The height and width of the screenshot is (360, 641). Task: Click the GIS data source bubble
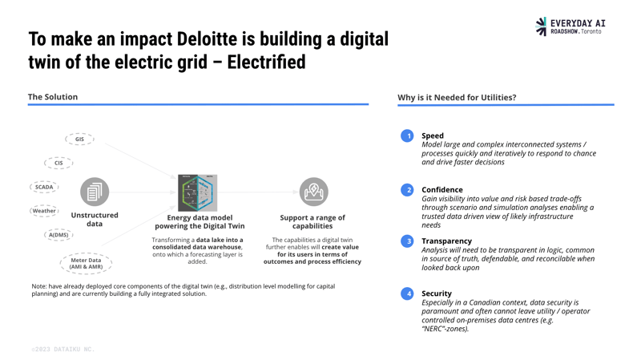(79, 140)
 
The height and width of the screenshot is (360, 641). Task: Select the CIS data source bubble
(58, 163)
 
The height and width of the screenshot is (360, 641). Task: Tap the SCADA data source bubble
(44, 187)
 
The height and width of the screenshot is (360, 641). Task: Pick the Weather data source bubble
(44, 211)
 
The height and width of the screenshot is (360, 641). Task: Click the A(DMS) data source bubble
(58, 235)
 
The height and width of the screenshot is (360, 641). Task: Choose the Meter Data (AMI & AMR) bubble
(86, 263)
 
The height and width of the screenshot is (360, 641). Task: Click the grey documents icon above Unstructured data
(95, 192)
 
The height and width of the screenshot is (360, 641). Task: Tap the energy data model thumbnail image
(197, 192)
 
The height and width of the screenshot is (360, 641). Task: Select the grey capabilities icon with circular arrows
(313, 192)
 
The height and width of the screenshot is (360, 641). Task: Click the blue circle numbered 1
(408, 136)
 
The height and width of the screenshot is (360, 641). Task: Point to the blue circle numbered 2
(408, 190)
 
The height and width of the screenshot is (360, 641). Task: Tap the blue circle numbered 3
(408, 241)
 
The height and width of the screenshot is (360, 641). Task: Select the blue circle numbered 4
(408, 293)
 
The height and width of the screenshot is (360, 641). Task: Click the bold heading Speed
(433, 136)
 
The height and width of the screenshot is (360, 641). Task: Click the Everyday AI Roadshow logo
(570, 26)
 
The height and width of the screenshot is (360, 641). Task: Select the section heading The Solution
(53, 97)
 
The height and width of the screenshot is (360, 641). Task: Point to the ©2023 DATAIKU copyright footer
(62, 350)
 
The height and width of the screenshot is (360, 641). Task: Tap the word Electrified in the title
(266, 62)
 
